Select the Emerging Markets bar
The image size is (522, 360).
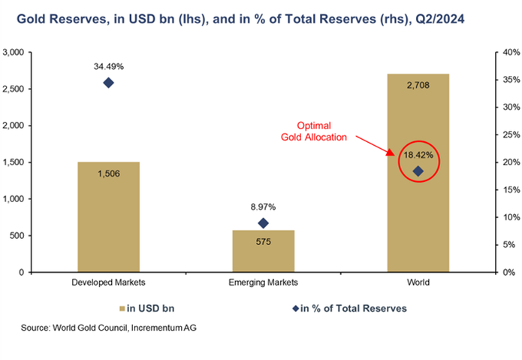pos(263,251)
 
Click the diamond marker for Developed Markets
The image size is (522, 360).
pos(108,83)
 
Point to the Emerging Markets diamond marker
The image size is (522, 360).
pos(263,223)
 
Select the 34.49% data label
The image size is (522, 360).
pos(108,65)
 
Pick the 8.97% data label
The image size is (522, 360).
pos(263,205)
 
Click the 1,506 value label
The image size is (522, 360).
pos(109,174)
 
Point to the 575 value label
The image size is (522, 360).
pos(263,242)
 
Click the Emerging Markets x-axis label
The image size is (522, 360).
pos(263,283)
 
